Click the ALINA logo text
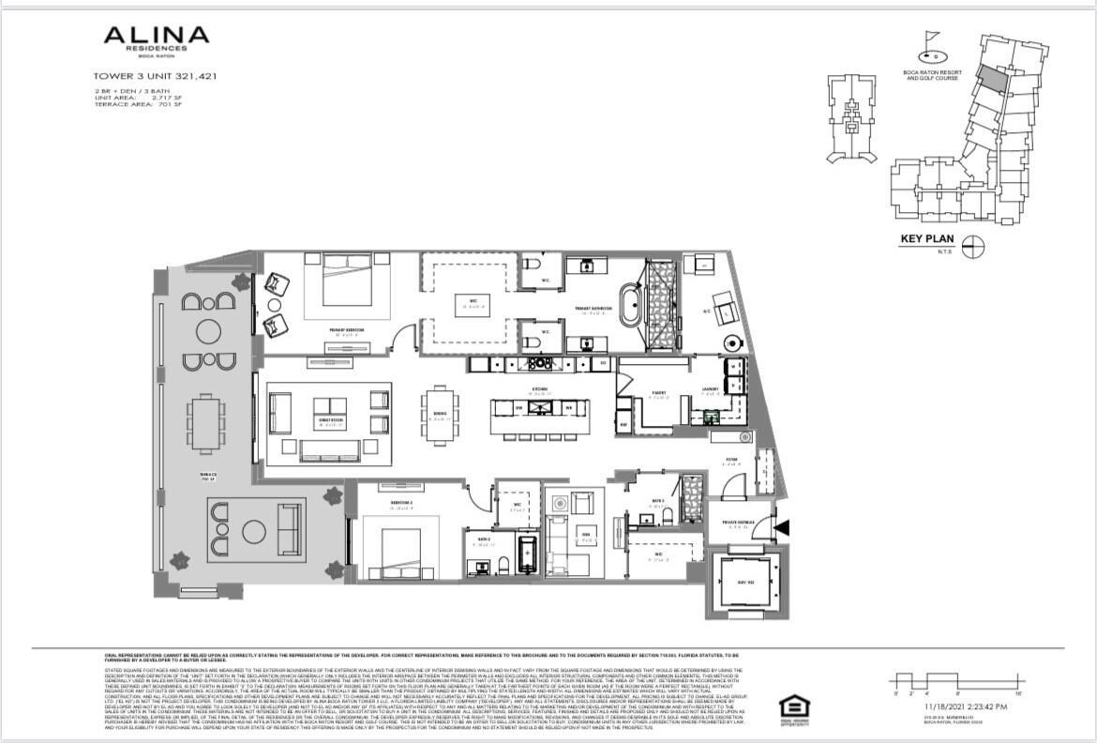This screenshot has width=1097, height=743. (x=156, y=37)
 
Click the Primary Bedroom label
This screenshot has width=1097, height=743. (x=346, y=330)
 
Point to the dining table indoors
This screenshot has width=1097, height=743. (x=440, y=414)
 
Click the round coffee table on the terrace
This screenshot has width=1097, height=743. (x=254, y=532)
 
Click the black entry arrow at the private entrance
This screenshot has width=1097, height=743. (x=782, y=529)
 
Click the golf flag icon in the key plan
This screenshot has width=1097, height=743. (x=929, y=42)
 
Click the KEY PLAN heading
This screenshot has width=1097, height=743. (x=926, y=239)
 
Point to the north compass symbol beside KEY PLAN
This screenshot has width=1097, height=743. (x=974, y=246)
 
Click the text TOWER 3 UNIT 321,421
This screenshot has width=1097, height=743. (x=155, y=76)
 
